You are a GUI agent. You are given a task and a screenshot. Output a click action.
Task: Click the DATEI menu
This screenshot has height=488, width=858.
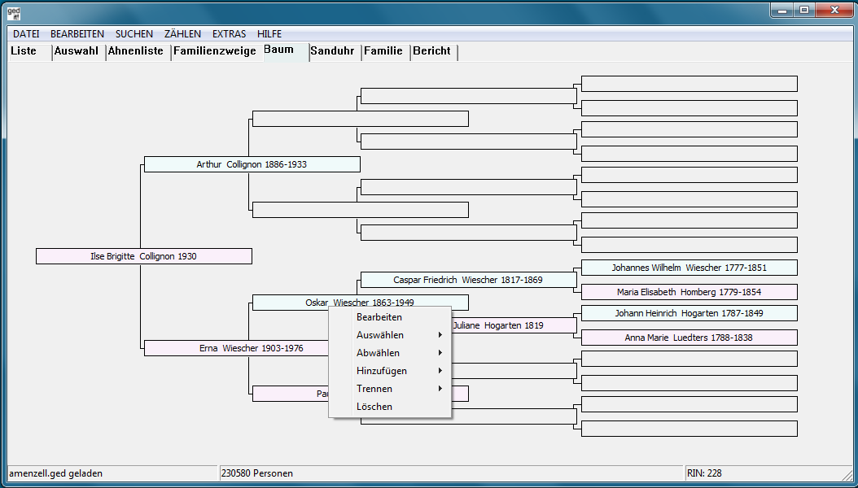pos(26,34)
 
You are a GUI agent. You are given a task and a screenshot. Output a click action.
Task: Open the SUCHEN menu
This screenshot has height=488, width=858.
pos(134,34)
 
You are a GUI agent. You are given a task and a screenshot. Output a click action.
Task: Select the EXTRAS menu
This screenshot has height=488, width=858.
pos(230,34)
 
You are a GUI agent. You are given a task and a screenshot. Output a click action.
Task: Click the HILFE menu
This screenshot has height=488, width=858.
pos(269,34)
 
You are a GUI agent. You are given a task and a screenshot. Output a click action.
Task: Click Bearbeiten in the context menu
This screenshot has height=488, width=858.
pos(379,317)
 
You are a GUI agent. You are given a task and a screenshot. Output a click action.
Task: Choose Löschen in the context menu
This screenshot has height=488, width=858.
pos(374,407)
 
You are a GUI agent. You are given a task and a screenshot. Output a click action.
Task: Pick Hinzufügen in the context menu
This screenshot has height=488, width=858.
pos(382,371)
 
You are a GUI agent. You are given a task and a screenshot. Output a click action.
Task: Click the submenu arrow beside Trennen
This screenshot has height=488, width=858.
pos(440,389)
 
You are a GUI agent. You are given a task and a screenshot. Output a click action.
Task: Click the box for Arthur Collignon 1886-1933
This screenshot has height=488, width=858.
pos(252,164)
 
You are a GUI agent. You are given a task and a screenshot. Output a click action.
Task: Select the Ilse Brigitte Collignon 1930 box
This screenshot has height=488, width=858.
pos(144,256)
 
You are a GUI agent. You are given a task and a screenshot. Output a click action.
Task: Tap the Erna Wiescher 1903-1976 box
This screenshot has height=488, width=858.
pos(236,348)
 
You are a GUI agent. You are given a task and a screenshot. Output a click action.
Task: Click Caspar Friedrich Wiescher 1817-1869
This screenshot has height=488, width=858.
pos(468,280)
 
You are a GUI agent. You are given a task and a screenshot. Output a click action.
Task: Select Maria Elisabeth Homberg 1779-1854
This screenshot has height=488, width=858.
pos(689,292)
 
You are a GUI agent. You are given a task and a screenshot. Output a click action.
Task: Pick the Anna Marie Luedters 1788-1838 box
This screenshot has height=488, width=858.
pos(689,338)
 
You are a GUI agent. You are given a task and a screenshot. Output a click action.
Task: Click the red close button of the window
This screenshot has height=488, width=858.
pos(834,10)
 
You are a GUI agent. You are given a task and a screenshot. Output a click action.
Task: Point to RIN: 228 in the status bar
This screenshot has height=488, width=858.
pos(704,473)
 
